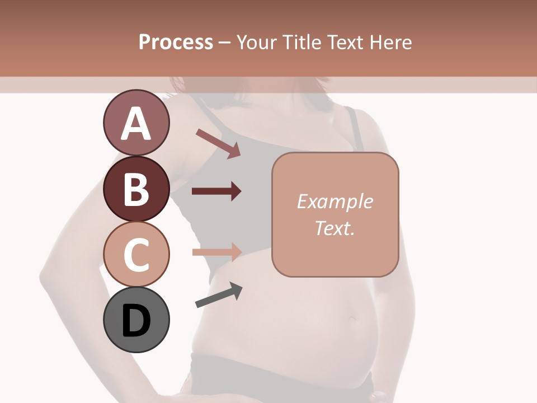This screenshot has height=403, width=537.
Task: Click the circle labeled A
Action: pos(136,123)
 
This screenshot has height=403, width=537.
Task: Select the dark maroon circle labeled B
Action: pos(136,189)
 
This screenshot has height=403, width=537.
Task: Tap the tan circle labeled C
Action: pos(136,254)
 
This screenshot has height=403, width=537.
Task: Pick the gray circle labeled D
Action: pos(136,320)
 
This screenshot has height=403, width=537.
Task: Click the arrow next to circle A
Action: pos(218,143)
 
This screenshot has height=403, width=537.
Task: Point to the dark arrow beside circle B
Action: pos(216,191)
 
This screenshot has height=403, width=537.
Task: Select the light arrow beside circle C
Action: pos(216,252)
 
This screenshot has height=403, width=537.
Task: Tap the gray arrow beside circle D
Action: pos(219,295)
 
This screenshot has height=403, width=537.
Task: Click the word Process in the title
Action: pos(176,42)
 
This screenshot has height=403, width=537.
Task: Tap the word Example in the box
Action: pos(335,201)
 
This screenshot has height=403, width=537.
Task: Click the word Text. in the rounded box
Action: pos(335,228)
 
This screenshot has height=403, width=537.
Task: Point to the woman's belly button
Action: pos(352,319)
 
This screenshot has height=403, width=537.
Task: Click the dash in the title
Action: pos(225,43)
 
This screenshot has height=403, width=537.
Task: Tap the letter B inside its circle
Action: pos(136,189)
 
